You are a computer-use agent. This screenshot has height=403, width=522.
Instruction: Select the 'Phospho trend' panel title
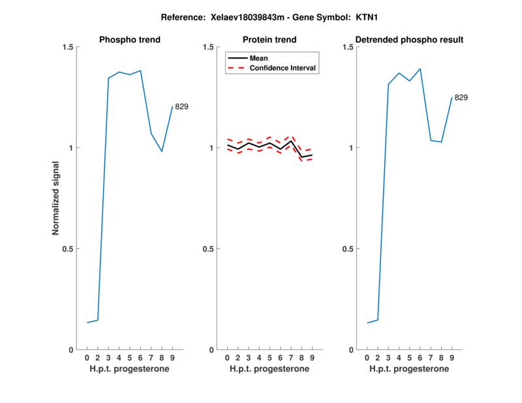tap(129, 40)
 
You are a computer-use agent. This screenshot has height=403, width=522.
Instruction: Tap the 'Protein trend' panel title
tap(269, 40)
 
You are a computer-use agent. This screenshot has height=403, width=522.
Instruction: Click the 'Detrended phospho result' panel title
tap(409, 40)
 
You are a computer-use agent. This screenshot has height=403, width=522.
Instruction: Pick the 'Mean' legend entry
tap(259, 58)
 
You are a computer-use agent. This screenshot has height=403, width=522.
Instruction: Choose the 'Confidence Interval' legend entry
tap(283, 68)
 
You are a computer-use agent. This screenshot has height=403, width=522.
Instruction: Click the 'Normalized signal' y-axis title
tap(56, 198)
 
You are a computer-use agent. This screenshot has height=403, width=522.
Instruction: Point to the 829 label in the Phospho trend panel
tap(181, 106)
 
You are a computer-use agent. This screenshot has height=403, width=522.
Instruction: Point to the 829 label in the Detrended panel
tap(461, 97)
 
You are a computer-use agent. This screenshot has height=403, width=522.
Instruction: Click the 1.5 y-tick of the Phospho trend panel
tap(67, 47)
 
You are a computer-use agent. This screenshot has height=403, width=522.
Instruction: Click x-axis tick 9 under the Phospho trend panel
tap(172, 358)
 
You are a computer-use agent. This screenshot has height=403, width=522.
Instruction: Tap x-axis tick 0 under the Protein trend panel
tap(227, 358)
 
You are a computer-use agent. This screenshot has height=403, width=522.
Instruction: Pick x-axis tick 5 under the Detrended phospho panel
tap(409, 358)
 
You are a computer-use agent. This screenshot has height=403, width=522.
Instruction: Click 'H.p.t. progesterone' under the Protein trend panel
tap(269, 369)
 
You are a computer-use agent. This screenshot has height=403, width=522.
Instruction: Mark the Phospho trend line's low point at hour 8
tap(162, 151)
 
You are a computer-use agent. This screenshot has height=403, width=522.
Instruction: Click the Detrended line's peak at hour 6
tap(420, 68)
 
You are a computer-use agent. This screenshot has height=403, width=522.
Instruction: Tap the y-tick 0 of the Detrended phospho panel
tap(352, 350)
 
